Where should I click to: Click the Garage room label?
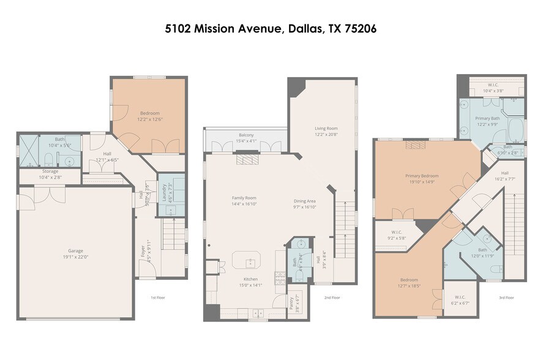[75, 250]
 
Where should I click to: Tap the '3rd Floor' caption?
[505, 298]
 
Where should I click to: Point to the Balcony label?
[246, 135]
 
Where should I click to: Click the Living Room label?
[326, 128]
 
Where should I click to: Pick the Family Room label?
[243, 198]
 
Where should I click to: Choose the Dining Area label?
[304, 201]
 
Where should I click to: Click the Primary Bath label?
[488, 118]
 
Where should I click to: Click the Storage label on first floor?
[50, 171]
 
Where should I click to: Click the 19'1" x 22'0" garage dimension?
[75, 257]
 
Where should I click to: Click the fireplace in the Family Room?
[248, 159]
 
